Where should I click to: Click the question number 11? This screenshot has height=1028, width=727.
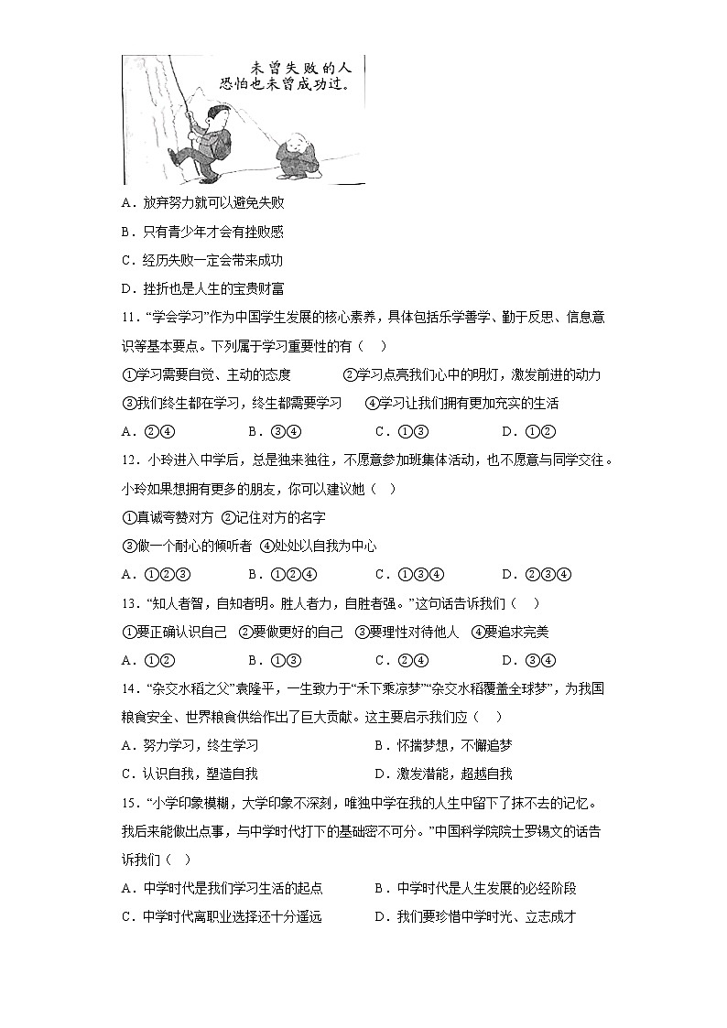130,318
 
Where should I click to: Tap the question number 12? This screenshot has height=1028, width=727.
130,460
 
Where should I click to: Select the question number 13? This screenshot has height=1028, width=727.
130,603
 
